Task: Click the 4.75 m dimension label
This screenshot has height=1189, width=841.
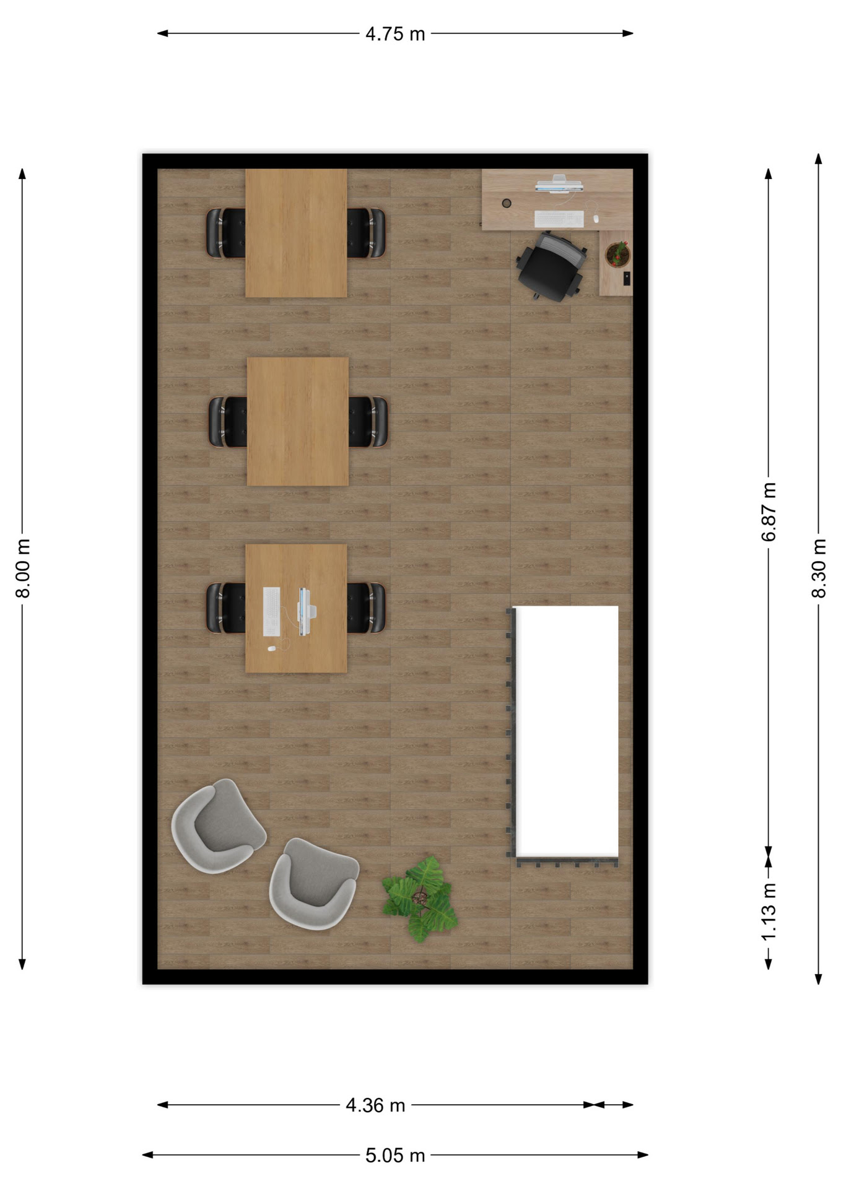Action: (x=395, y=33)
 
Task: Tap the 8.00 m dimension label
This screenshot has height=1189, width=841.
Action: (x=23, y=568)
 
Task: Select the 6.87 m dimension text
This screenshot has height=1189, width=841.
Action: (x=769, y=512)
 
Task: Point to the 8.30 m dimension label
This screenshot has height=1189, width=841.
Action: (x=819, y=568)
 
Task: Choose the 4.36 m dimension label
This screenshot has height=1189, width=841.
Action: (x=375, y=1105)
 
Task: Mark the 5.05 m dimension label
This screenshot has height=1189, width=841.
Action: (x=395, y=1155)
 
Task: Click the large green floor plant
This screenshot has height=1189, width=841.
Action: (x=420, y=899)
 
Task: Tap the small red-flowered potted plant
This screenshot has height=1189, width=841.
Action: (x=617, y=254)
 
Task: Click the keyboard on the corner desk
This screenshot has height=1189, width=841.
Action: (x=559, y=219)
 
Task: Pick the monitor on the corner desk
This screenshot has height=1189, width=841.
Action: (x=559, y=184)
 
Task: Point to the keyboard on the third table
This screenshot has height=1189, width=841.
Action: (x=271, y=611)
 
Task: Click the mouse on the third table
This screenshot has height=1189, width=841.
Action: (x=271, y=648)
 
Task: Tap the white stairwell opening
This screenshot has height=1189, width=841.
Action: (x=567, y=731)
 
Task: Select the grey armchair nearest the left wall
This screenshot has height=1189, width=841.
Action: (x=218, y=826)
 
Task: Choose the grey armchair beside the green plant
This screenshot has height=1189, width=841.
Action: (x=314, y=884)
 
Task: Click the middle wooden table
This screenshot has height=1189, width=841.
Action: (x=298, y=421)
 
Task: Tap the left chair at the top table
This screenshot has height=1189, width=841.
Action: (x=225, y=233)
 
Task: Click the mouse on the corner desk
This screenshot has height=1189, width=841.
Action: (x=596, y=219)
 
